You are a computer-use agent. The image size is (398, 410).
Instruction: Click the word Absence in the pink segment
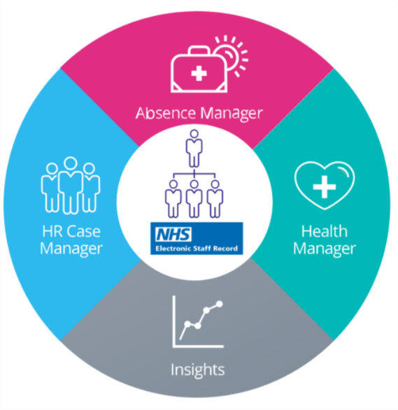pyautogui.click(x=166, y=113)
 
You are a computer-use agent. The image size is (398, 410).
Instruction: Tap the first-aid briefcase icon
pyautogui.click(x=199, y=69)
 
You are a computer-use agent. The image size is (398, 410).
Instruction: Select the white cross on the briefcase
pyautogui.click(x=199, y=73)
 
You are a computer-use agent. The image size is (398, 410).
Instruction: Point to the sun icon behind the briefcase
pyautogui.click(x=232, y=56)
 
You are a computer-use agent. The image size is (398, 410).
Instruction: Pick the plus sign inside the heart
pyautogui.click(x=325, y=186)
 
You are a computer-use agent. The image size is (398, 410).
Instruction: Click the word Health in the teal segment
pyautogui.click(x=324, y=231)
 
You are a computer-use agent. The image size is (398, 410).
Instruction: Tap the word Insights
pyautogui.click(x=198, y=370)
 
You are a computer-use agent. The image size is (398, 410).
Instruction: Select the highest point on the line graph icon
pyautogui.click(x=220, y=304)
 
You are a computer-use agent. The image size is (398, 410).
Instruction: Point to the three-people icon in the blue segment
pyautogui.click(x=71, y=185)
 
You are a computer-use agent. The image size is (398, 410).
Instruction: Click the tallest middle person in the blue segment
pyautogui.click(x=71, y=185)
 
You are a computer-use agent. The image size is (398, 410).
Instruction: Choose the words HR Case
pyautogui.click(x=71, y=231)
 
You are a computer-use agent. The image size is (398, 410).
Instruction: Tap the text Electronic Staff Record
pyautogui.click(x=197, y=249)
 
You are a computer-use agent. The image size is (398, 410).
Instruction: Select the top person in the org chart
pyautogui.click(x=194, y=148)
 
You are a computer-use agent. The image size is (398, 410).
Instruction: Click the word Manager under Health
pyautogui.click(x=325, y=249)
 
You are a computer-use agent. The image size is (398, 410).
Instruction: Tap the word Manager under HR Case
pyautogui.click(x=71, y=249)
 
